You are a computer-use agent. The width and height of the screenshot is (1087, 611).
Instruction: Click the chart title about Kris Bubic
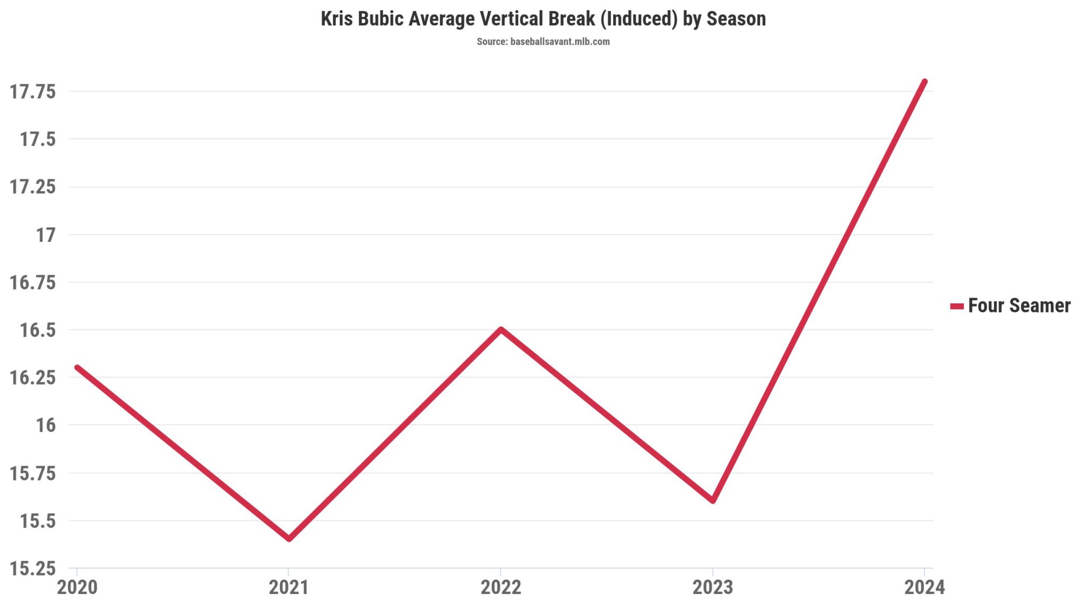[x=543, y=19]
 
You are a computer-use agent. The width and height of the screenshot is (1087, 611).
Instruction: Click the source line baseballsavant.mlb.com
[x=543, y=41]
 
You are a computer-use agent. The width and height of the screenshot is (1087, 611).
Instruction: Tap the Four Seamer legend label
[x=1019, y=305]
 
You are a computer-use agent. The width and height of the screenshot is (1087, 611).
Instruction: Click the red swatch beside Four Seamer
[x=956, y=306]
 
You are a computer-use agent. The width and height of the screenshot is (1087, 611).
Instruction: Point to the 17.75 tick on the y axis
[x=33, y=92]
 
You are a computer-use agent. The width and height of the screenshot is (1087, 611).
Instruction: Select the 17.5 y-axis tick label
[x=37, y=139]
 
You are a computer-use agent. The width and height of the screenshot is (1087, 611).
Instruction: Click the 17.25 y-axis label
[x=33, y=187]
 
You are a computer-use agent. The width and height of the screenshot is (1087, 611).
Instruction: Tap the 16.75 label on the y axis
[x=33, y=282]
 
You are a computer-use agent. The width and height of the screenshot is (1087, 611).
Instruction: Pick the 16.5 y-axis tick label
[x=37, y=330]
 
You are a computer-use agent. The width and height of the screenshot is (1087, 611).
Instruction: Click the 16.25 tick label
[x=33, y=378]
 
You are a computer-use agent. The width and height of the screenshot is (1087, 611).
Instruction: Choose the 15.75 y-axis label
[x=33, y=473]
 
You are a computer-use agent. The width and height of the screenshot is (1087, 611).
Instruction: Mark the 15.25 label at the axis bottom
[x=33, y=569]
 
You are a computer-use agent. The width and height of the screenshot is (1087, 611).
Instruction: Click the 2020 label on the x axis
[x=77, y=587]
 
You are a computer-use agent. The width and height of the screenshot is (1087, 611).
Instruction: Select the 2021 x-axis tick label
[x=289, y=587]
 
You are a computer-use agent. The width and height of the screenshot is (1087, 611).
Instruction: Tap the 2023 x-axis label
[x=713, y=587]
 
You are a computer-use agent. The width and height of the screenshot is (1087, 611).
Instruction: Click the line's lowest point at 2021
[x=289, y=539]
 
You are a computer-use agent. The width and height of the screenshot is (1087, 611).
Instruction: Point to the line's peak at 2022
[x=501, y=329]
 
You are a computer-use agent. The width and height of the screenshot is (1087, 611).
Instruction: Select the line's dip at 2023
[x=713, y=500]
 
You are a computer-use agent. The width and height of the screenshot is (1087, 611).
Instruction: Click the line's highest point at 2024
[x=925, y=82]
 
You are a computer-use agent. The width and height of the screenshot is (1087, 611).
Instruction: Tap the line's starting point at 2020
[x=77, y=368]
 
